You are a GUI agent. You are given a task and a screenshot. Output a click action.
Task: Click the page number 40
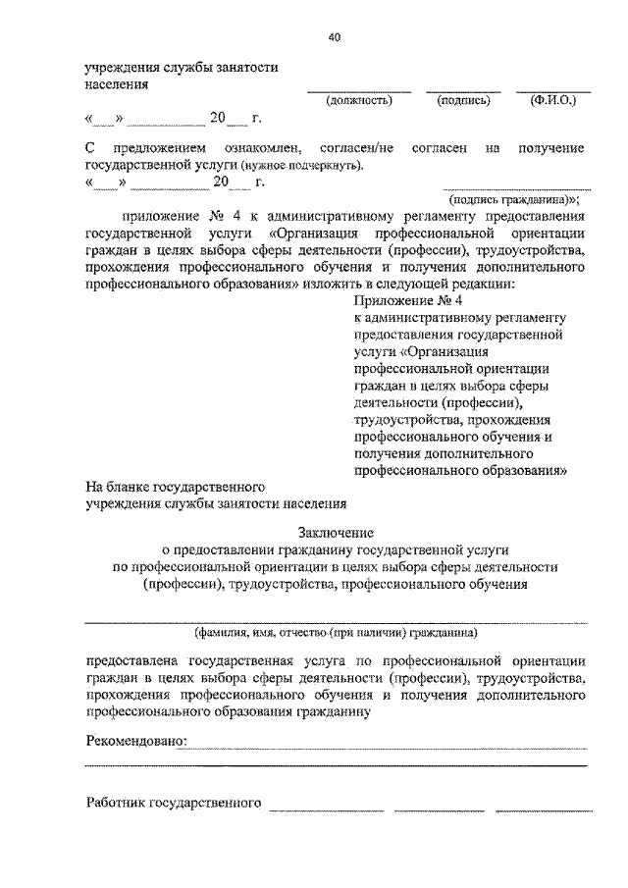tap(335, 37)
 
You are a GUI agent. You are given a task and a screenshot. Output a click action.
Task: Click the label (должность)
tap(359, 100)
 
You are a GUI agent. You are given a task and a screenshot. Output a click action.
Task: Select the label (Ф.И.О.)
tap(553, 100)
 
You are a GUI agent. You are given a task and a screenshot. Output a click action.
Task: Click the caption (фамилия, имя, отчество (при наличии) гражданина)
tap(336, 633)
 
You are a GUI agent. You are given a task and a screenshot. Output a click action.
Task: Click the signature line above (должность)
tap(359, 90)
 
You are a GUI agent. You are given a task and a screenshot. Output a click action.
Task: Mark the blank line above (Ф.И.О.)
tap(553, 90)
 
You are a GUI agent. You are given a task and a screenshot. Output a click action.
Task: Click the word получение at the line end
tap(551, 148)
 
